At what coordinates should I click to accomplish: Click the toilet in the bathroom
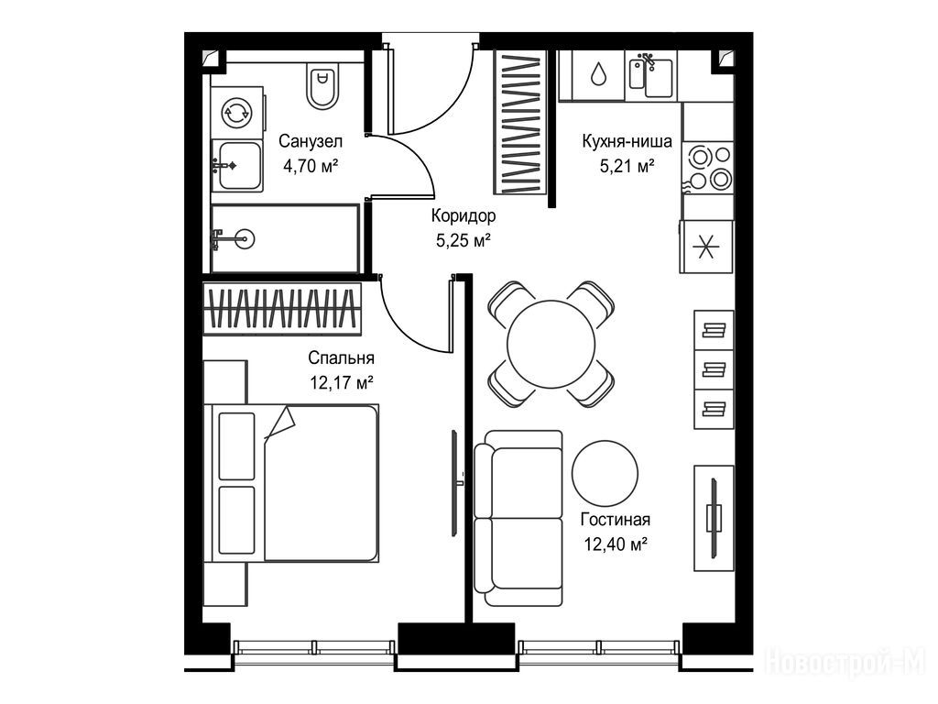click(322, 87)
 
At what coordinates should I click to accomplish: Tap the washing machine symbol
click(237, 113)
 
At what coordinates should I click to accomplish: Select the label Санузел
click(311, 141)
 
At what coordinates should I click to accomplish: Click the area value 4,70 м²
click(311, 165)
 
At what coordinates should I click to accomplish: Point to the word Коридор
click(464, 214)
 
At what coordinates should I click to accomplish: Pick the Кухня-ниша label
click(627, 141)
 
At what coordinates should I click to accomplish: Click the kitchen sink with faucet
click(651, 76)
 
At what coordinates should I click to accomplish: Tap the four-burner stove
click(708, 168)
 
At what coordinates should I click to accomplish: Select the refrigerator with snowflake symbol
click(706, 247)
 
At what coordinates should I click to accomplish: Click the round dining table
click(551, 344)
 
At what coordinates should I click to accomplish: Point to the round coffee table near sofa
click(605, 474)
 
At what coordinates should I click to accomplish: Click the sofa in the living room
click(518, 519)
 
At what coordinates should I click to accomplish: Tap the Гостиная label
click(615, 520)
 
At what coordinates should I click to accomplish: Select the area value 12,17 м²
click(342, 382)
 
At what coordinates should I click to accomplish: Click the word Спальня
click(341, 358)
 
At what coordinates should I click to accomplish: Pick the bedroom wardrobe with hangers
click(282, 308)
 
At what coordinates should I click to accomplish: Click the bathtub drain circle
click(245, 239)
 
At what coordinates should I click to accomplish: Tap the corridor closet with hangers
click(519, 123)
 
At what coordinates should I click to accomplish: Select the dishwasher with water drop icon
click(598, 75)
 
